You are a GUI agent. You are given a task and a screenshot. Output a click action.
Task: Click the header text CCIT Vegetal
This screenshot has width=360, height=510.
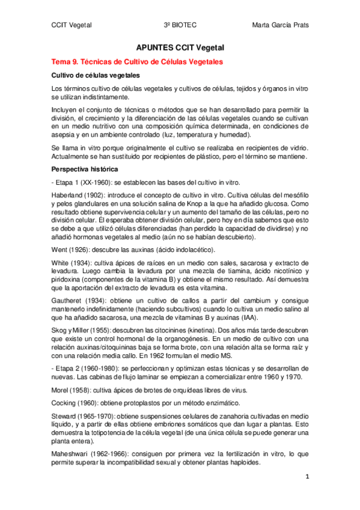coord(71,25)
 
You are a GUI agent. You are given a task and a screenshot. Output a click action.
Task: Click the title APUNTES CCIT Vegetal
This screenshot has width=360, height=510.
coord(180,49)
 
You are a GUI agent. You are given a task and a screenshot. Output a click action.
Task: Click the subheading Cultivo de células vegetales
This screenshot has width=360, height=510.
coord(96,76)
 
